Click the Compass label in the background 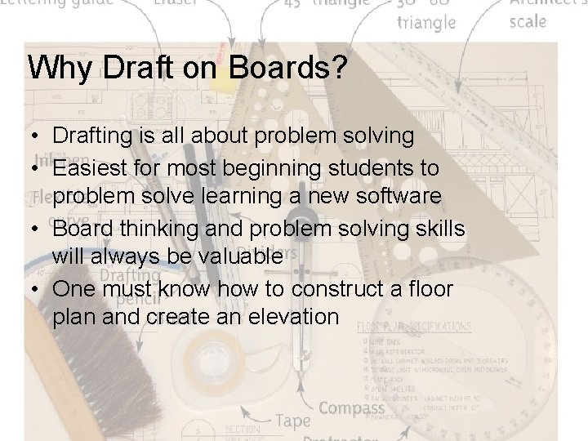tap(351, 408)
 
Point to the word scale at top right tap(528, 20)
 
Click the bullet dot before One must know tap(36, 287)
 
